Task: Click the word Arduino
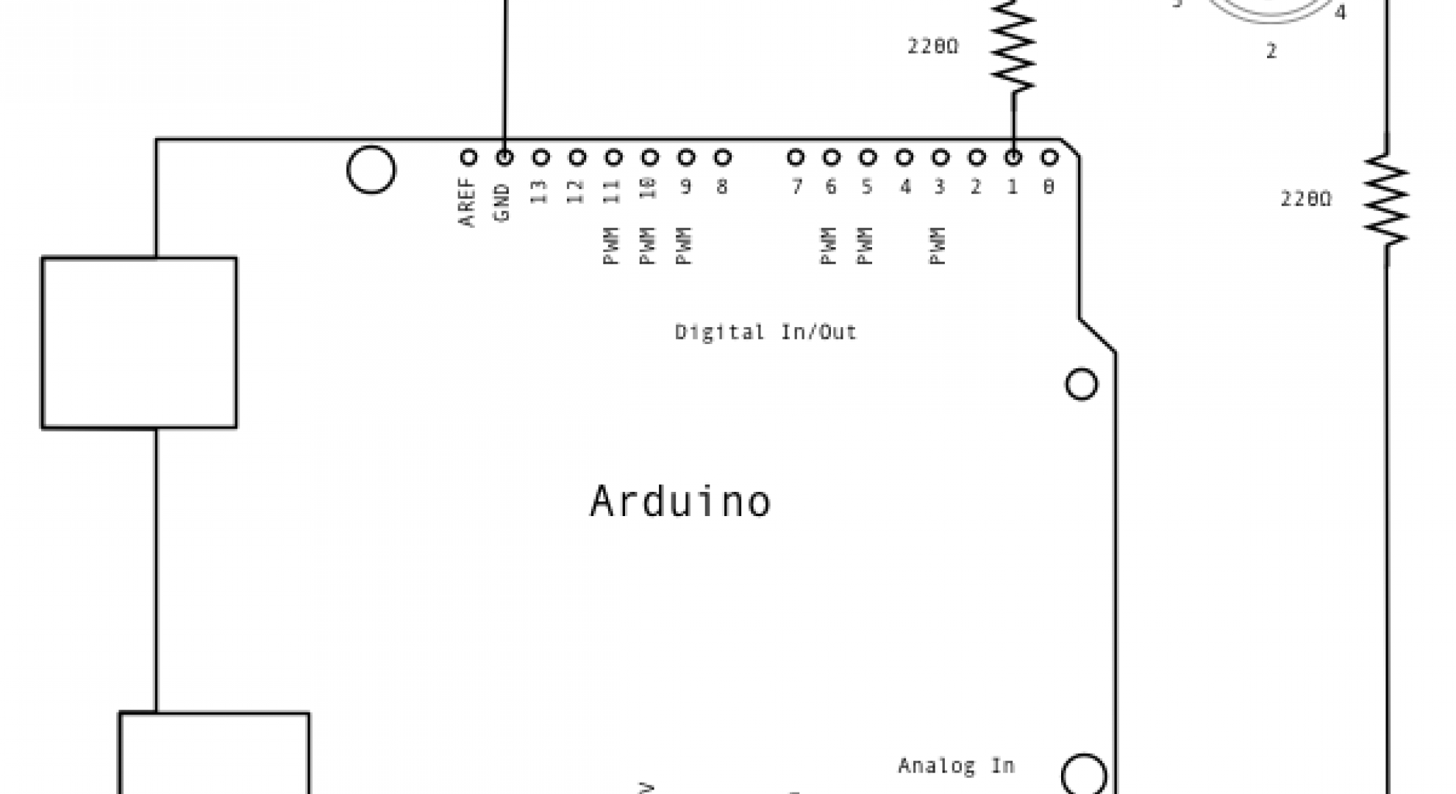tap(680, 502)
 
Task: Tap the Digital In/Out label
tap(766, 332)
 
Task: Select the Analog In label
tap(956, 766)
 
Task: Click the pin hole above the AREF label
tap(468, 157)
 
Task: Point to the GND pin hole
tap(504, 157)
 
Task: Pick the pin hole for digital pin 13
tap(541, 157)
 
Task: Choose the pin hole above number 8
tap(722, 157)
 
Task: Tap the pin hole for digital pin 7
tap(795, 157)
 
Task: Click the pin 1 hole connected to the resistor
tap(1013, 157)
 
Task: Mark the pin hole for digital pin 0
tap(1049, 157)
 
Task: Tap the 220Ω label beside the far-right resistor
tap(1306, 199)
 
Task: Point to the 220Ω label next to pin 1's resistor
tap(932, 46)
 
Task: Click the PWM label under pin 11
tap(612, 246)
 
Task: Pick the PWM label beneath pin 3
tap(938, 246)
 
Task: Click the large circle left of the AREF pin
tap(371, 170)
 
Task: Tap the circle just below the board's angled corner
tap(1081, 384)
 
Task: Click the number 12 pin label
tap(576, 192)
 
